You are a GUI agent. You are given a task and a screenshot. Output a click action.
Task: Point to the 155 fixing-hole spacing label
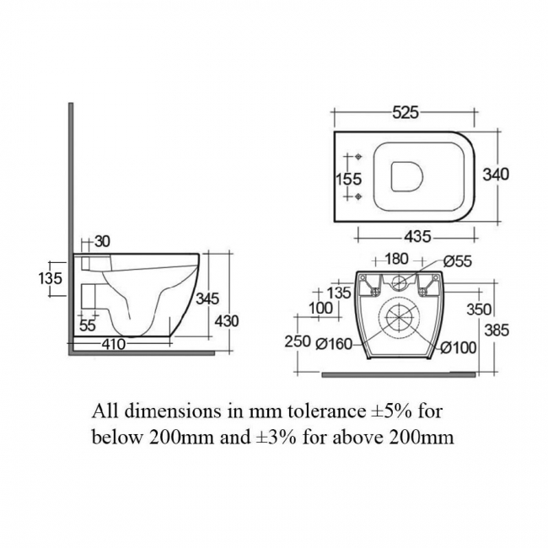(347, 179)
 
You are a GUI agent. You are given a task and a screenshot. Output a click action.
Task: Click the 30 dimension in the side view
(102, 241)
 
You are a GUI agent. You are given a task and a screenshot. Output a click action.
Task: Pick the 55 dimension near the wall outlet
(88, 325)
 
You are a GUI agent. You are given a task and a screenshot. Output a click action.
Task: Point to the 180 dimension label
(397, 261)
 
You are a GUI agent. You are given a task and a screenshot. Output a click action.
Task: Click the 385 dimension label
(497, 330)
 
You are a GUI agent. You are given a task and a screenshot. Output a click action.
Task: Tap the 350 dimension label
(479, 309)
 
